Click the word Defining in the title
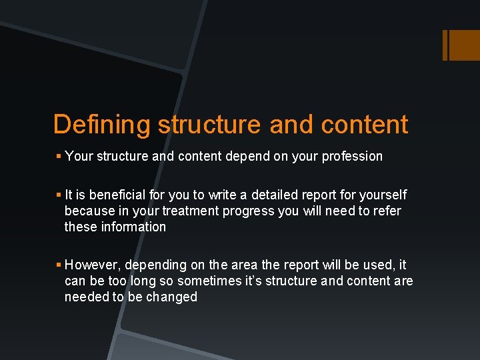(x=102, y=125)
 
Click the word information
(x=133, y=227)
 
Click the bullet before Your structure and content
(x=59, y=157)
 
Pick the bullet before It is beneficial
(x=59, y=195)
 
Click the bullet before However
(x=59, y=265)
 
